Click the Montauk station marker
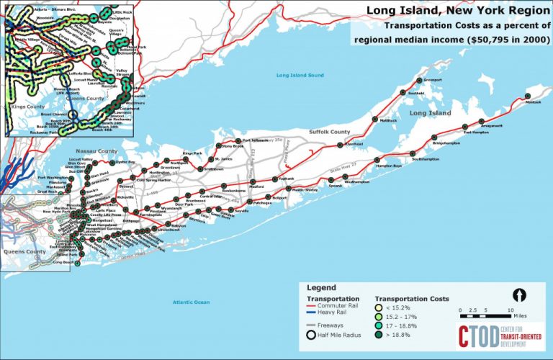click(x=528, y=95)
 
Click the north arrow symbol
click(x=516, y=294)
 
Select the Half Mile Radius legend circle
click(x=313, y=334)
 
